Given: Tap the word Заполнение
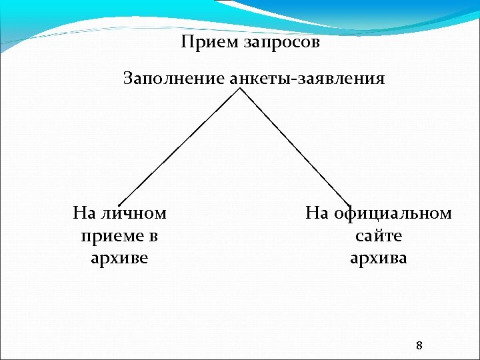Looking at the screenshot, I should pos(174,79).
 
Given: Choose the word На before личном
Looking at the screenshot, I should pos(85,213).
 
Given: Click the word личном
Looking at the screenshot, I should pos(133,213).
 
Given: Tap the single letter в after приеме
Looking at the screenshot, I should pos(154,236).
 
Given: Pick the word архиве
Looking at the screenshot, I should pos(120,258).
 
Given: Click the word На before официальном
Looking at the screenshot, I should pos(317,213).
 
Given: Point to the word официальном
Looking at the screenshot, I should pos(392,213).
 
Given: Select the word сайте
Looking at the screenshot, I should pos(379,235).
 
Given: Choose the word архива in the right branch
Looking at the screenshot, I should pos(379,258).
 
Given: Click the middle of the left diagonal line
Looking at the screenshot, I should pos(181,145).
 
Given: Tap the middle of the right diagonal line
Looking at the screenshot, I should pos(294,145).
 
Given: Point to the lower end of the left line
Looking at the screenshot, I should pos(123,203).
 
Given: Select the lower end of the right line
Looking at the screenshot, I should pos(347,203).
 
